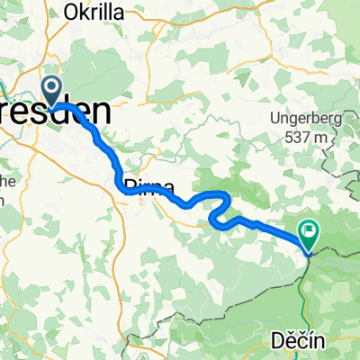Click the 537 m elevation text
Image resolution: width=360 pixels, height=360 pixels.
click(x=307, y=137)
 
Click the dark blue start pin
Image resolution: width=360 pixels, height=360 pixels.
click(x=52, y=91)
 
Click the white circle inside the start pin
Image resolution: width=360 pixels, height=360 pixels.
click(x=52, y=87)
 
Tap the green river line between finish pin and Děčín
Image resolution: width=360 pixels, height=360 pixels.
click(x=307, y=288)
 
